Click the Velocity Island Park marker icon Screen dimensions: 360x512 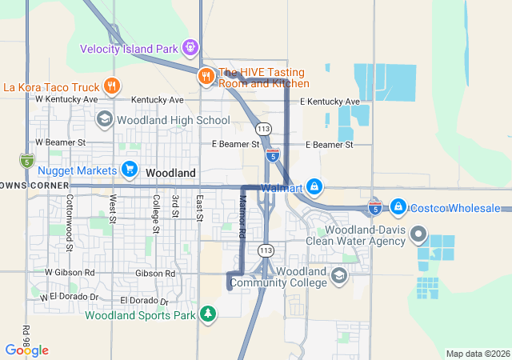[190, 48]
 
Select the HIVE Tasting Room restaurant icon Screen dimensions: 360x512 [206, 76]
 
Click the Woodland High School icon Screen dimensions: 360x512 [104, 120]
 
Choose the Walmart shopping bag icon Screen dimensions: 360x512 [314, 187]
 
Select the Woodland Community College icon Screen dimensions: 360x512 [339, 277]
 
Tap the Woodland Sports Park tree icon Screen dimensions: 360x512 [208, 314]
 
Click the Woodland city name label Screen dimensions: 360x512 [170, 173]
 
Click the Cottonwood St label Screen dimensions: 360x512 [70, 222]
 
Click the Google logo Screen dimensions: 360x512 [26, 350]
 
